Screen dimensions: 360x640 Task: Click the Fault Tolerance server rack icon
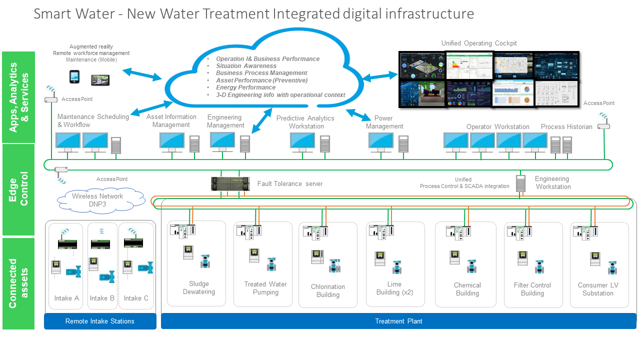pos(229,184)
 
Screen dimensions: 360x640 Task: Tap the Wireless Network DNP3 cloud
pos(97,200)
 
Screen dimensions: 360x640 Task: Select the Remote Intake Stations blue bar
pos(100,321)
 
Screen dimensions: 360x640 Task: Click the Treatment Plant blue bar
pos(398,321)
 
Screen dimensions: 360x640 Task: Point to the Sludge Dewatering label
pos(199,288)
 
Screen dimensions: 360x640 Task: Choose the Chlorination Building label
pos(328,290)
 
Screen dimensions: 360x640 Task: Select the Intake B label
pos(102,298)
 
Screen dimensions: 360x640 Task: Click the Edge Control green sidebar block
pos(18,190)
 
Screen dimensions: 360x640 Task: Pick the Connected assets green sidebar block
pos(18,283)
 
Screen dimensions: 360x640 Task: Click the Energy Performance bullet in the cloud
pos(245,87)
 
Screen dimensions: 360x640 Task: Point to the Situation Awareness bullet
pos(246,66)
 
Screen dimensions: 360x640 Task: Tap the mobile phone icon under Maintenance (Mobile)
pos(74,77)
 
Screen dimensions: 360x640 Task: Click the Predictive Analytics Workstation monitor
pos(302,141)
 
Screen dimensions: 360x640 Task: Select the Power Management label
pos(384,122)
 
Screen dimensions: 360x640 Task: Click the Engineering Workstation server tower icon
pos(520,183)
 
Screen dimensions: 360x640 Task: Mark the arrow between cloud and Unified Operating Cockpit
pos(380,76)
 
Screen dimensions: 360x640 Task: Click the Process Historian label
pos(566,126)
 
